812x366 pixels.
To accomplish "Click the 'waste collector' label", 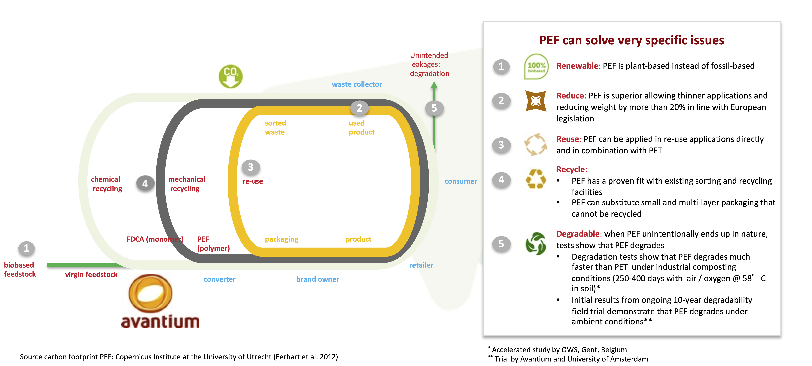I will [x=357, y=84].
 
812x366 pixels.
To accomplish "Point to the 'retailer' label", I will [x=421, y=265].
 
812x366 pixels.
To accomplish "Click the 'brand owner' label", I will [x=317, y=279].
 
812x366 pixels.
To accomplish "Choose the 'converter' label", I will [x=219, y=279].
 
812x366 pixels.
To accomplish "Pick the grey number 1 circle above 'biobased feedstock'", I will [x=26, y=248].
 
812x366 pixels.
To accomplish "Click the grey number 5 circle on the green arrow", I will [x=434, y=108].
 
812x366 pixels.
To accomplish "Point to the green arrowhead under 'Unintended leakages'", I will [x=434, y=85].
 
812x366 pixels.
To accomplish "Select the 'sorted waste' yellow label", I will [x=275, y=127].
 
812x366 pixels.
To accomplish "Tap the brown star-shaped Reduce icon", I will [x=536, y=101].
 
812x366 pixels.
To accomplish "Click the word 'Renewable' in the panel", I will [x=577, y=66].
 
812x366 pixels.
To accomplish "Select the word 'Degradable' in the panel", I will [x=578, y=234].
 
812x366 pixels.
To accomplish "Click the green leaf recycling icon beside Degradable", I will [x=536, y=244].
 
